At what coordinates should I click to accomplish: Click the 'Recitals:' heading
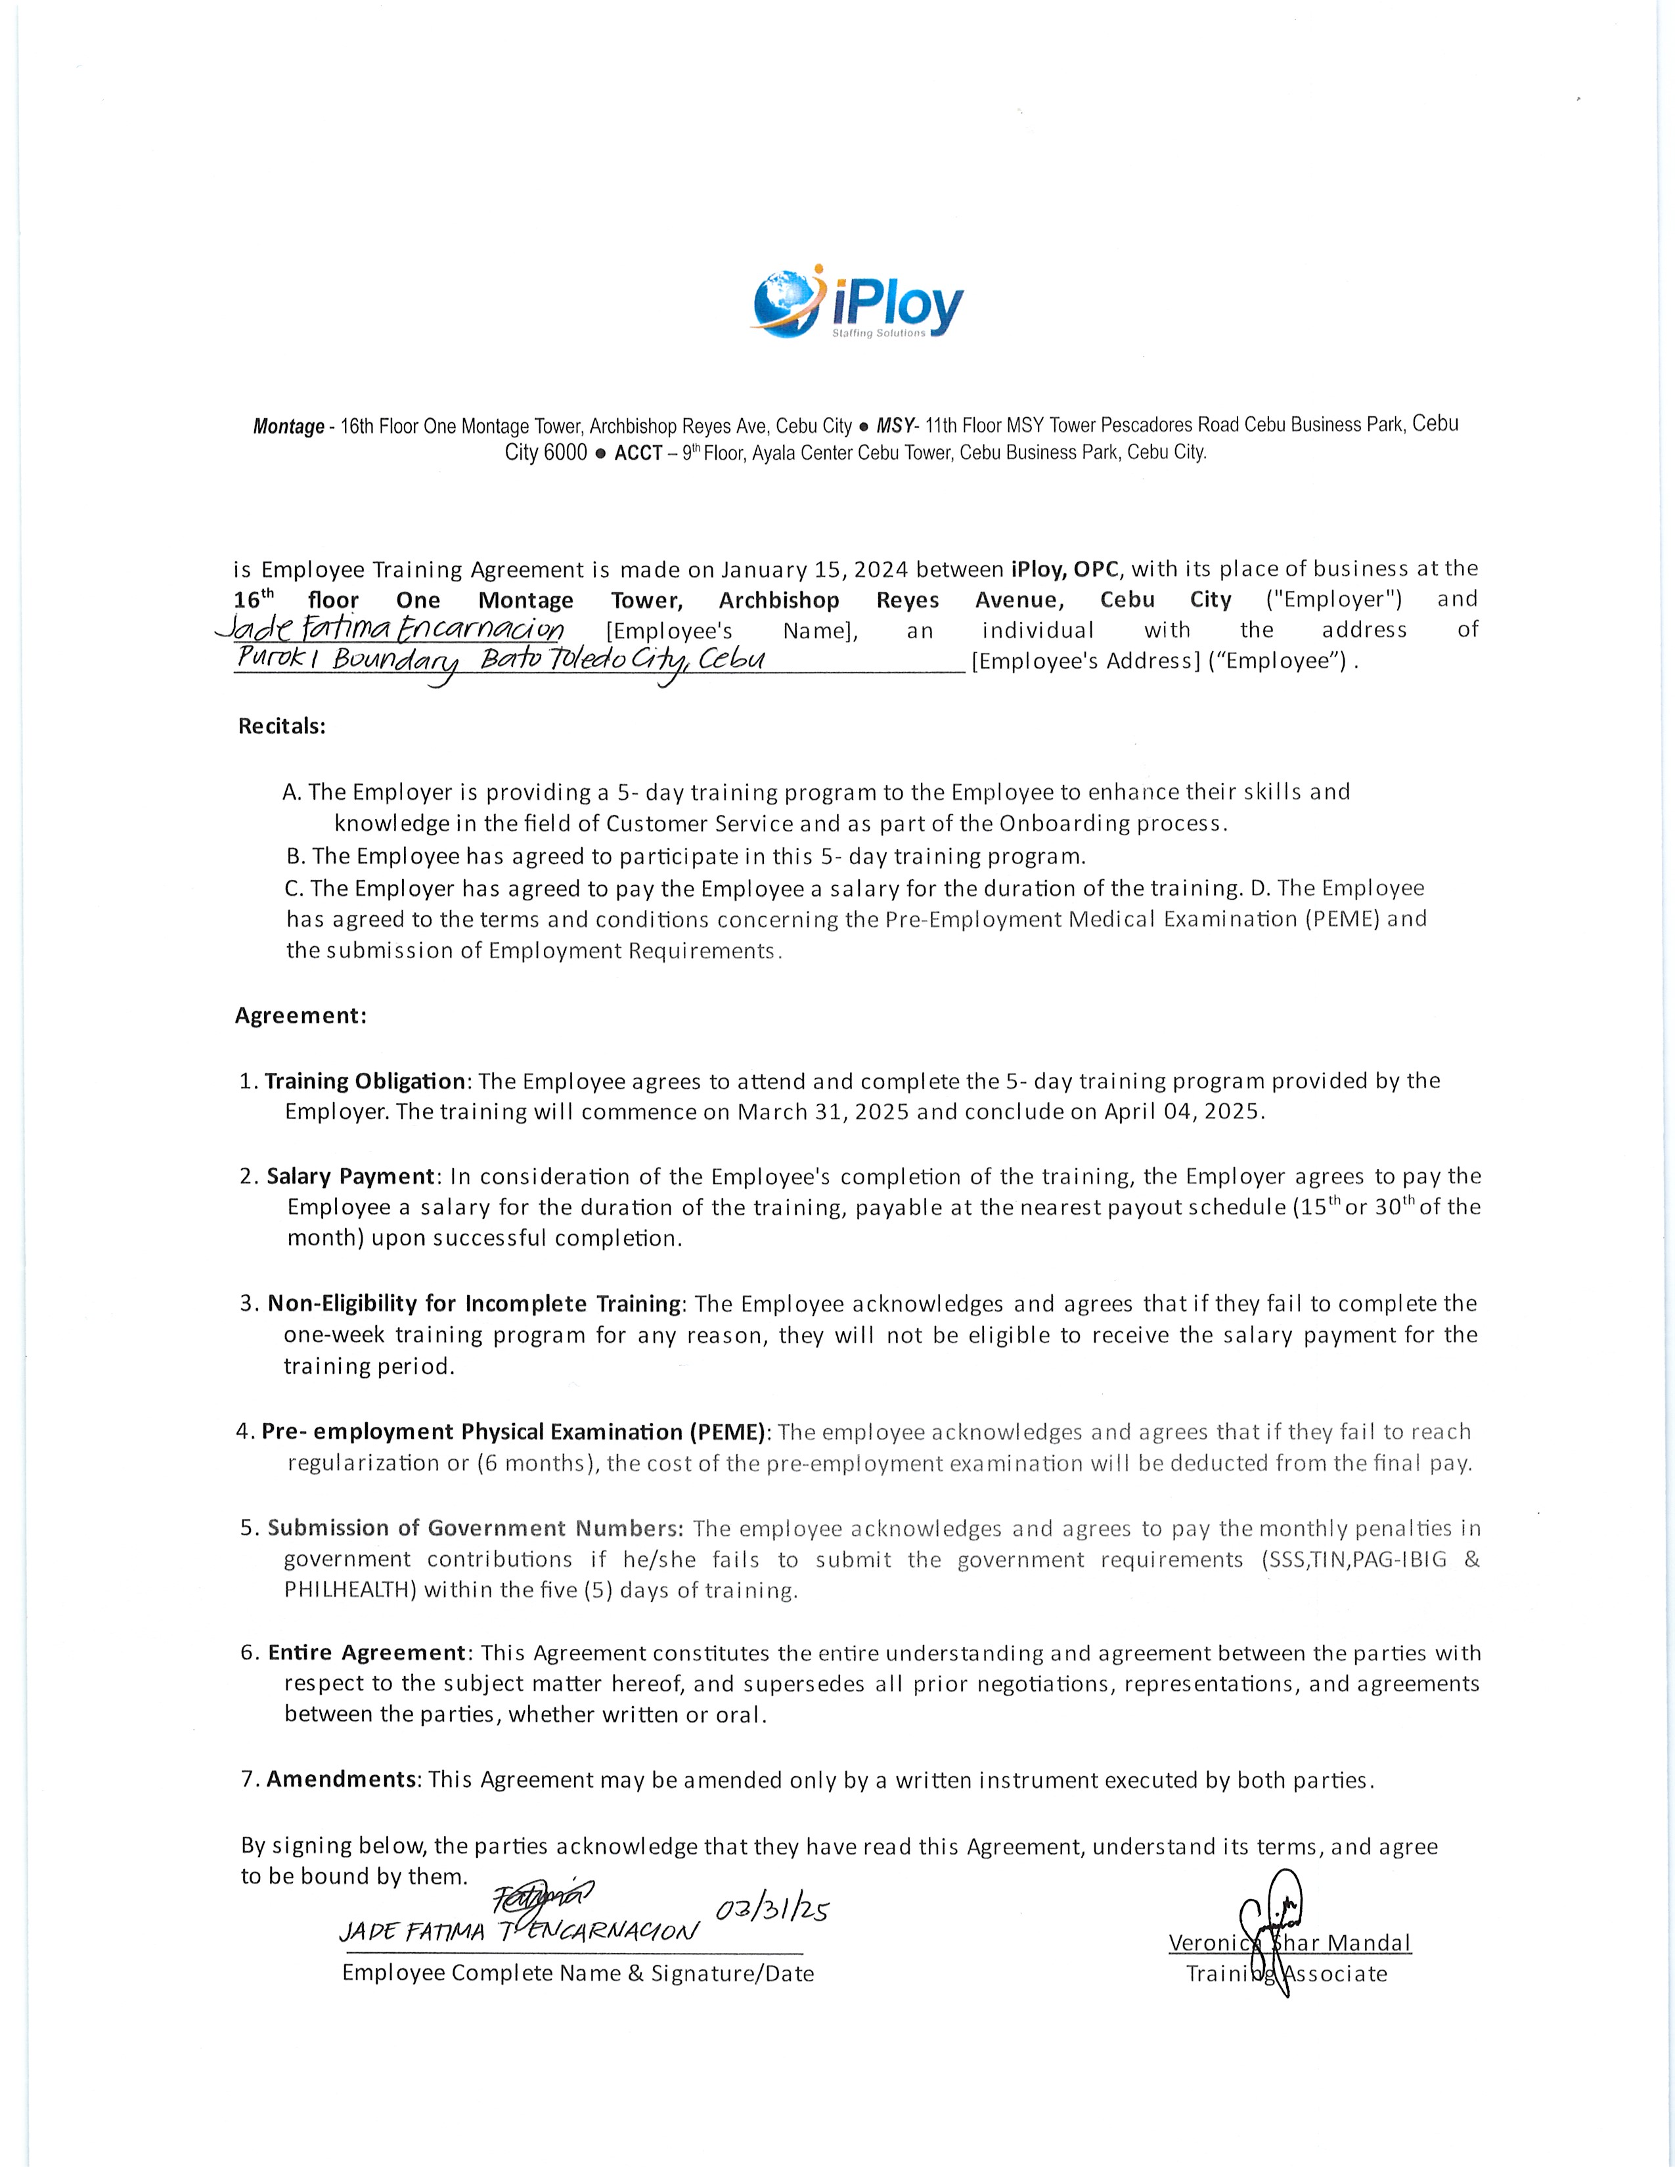[282, 726]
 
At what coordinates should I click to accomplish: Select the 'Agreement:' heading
[301, 1015]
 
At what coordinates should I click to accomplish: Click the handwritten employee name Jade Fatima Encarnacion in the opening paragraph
[390, 629]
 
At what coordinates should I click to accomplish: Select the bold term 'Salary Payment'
[350, 1176]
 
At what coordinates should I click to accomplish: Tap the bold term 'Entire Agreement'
[366, 1652]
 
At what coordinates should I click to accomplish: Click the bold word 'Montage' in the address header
[288, 427]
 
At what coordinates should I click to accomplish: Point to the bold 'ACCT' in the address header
[638, 454]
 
